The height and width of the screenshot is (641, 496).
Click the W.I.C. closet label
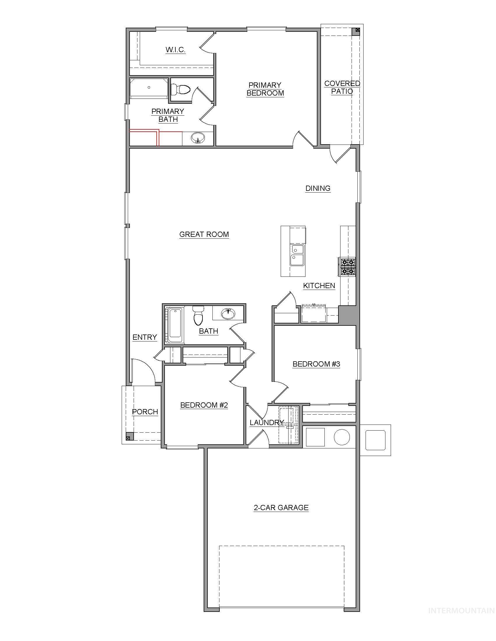tap(175, 50)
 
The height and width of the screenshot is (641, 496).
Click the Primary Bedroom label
tap(265, 89)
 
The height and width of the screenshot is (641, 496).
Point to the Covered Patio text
tap(342, 87)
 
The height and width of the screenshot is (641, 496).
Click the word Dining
tap(318, 188)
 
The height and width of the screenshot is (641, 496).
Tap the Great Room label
tap(204, 234)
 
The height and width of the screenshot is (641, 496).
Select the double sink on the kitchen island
tap(297, 255)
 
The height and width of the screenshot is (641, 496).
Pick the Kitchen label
tap(319, 286)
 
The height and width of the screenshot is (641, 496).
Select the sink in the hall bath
tap(228, 314)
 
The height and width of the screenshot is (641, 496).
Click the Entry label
tap(144, 337)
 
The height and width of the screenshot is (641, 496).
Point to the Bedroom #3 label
tap(316, 364)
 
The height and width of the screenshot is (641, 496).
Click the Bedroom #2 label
tap(204, 405)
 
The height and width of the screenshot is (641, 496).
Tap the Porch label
tap(145, 412)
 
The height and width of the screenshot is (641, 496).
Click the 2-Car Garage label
tap(281, 508)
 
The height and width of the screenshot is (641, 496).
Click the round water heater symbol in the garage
tap(342, 437)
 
